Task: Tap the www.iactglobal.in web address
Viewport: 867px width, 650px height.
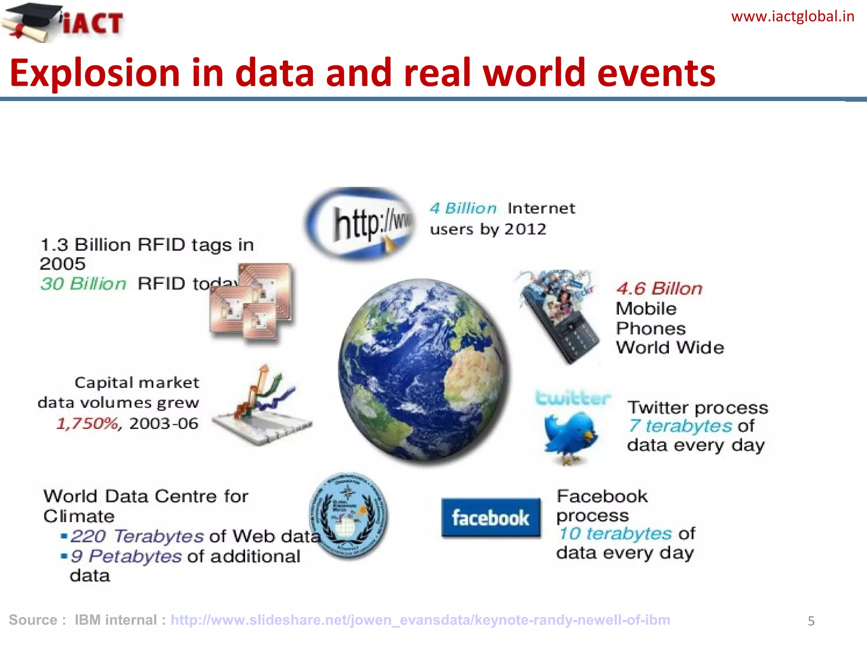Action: click(x=792, y=17)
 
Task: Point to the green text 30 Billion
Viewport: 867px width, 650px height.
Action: click(x=83, y=284)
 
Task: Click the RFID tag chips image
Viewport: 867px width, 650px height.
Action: click(x=252, y=303)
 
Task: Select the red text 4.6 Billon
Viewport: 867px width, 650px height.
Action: click(x=659, y=289)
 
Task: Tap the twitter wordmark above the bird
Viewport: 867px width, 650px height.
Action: click(x=572, y=398)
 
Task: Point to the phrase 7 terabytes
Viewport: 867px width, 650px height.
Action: click(x=680, y=426)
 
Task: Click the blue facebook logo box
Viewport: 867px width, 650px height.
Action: click(x=491, y=518)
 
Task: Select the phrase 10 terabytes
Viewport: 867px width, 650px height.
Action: click(x=615, y=534)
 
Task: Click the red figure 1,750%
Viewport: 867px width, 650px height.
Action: click(x=88, y=423)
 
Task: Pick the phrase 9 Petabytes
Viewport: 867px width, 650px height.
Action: click(x=126, y=556)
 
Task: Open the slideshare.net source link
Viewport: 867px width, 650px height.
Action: click(x=420, y=620)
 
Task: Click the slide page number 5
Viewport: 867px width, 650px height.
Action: click(x=811, y=621)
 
